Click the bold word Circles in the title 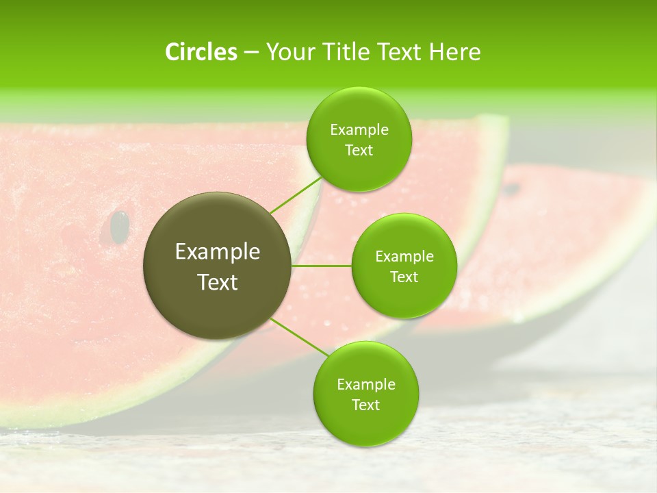pyautogui.click(x=201, y=52)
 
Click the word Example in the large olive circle pyautogui.click(x=218, y=252)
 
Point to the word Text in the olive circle pyautogui.click(x=218, y=282)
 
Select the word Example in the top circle pyautogui.click(x=359, y=130)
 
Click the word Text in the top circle pyautogui.click(x=359, y=151)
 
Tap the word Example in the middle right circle pyautogui.click(x=404, y=257)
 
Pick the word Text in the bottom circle pyautogui.click(x=366, y=405)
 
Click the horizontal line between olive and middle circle pyautogui.click(x=322, y=266)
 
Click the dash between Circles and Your pyautogui.click(x=251, y=53)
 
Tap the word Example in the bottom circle pyautogui.click(x=366, y=384)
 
